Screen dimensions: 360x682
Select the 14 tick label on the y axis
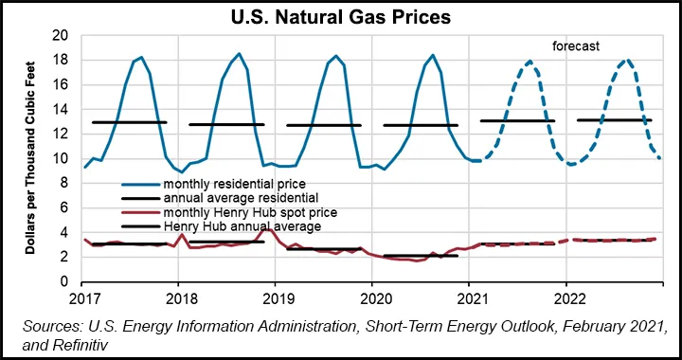[63, 110]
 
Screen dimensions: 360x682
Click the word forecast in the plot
[580, 45]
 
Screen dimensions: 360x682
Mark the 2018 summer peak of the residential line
[239, 54]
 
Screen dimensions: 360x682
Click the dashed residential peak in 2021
[529, 62]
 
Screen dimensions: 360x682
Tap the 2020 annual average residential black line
[420, 125]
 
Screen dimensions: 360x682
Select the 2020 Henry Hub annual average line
[420, 256]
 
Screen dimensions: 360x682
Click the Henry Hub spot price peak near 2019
[268, 228]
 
